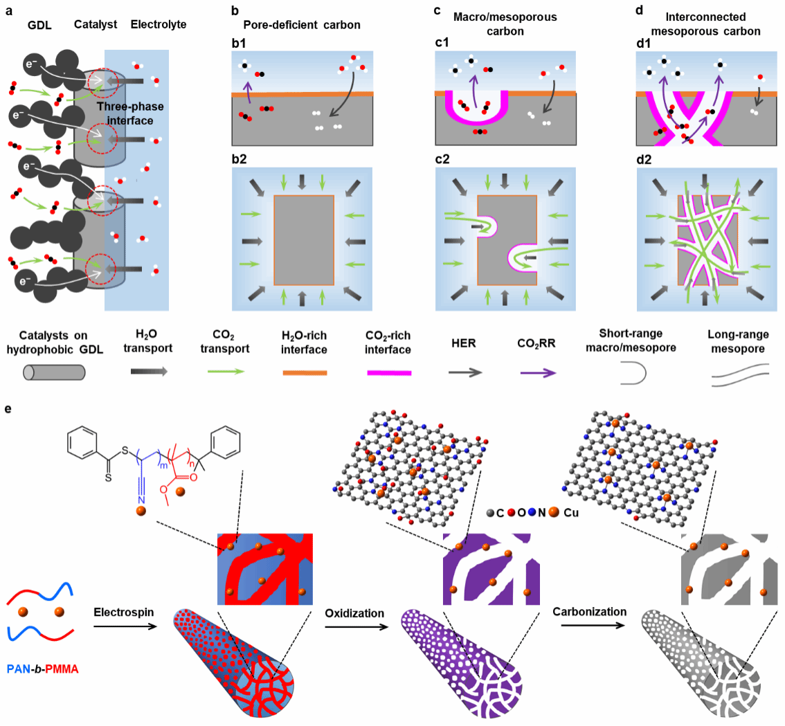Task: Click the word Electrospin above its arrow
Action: click(124, 612)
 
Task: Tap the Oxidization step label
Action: click(354, 613)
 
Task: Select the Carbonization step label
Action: click(589, 611)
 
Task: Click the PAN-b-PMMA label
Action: click(42, 669)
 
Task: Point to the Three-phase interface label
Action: click(130, 114)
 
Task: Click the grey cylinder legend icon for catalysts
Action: click(54, 372)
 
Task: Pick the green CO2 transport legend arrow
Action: click(226, 372)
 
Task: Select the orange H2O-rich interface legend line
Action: click(305, 372)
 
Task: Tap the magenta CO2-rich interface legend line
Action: click(389, 372)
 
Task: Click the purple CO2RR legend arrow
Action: click(538, 372)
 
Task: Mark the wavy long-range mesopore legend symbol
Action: click(741, 375)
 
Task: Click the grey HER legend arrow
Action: click(465, 372)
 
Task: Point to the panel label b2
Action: click(239, 159)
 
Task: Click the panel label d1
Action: click(643, 44)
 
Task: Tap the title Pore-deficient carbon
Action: click(301, 25)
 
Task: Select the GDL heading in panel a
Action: click(39, 25)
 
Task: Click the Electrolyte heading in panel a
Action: click(159, 24)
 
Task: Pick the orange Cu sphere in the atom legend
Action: click(554, 512)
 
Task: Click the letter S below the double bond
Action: click(108, 478)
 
